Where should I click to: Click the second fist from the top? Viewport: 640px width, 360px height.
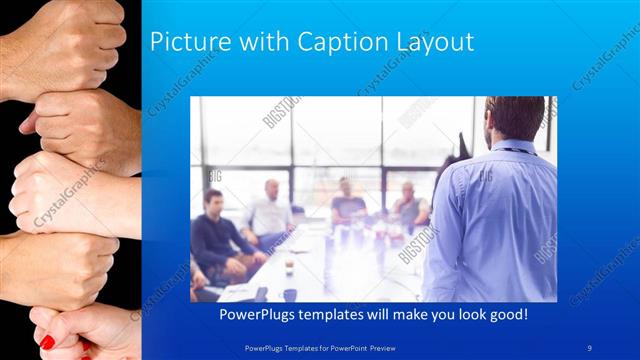(80, 125)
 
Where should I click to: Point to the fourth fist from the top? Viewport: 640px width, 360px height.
(60, 265)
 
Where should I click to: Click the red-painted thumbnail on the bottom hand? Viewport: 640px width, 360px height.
(47, 342)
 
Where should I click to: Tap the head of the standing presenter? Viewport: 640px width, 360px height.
(515, 118)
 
